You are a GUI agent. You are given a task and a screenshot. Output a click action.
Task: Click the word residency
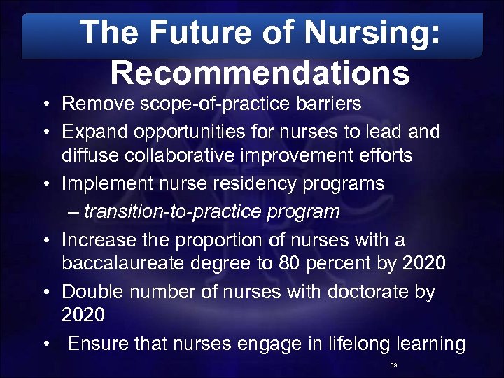pyautogui.click(x=230, y=183)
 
